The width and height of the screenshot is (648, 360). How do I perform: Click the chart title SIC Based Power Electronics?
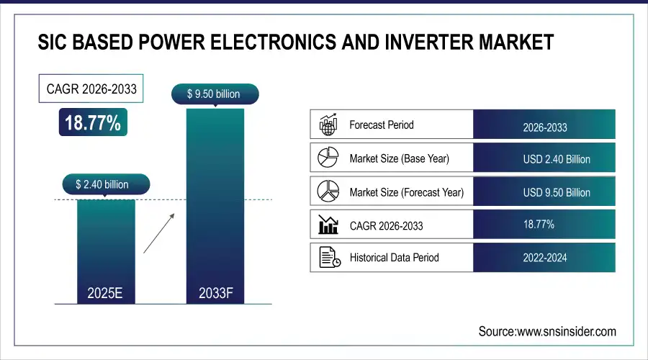point(295,42)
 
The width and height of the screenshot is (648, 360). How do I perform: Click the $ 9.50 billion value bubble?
point(214,94)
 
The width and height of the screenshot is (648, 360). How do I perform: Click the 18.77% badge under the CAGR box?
point(93,122)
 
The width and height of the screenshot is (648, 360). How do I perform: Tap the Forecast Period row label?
point(381,125)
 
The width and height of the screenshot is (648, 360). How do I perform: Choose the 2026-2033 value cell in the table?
point(544,127)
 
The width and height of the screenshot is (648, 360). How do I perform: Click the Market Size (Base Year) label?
point(399,158)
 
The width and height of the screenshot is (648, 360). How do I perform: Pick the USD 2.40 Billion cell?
point(544,159)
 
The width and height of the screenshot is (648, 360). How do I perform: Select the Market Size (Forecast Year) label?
point(406,192)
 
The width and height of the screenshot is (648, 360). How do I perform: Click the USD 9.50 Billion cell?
point(544,192)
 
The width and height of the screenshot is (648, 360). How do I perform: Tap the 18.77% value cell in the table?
point(544,225)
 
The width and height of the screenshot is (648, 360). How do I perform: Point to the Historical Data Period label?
point(394,257)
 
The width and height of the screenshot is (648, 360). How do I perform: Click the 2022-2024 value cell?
point(544,257)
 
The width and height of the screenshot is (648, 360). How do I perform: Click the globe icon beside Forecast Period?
point(328,125)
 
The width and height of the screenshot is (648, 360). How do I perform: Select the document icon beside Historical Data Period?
point(328,257)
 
